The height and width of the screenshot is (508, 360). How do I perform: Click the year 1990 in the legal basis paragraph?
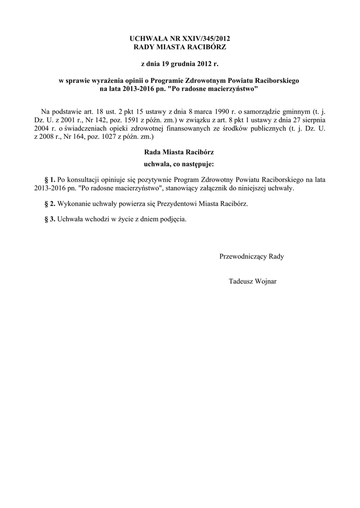point(218,110)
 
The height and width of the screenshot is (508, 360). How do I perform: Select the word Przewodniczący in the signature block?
point(243,256)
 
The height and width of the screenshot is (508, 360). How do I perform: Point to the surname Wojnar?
point(265,281)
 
